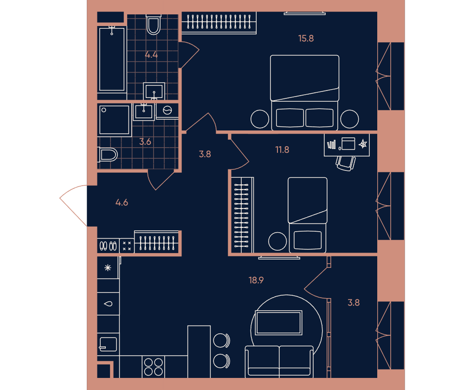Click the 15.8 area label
306,39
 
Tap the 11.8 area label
282,150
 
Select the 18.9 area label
256,280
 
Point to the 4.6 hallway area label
122,202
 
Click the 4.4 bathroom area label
151,55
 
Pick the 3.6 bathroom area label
145,142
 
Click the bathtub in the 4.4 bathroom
112,59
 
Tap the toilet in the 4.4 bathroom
153,25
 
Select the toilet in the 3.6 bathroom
108,155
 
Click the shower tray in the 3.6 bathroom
114,120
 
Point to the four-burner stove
154,367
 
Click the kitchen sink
108,344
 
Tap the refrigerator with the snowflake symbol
108,268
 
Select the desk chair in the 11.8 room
346,163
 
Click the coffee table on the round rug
278,323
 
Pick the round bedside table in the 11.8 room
277,241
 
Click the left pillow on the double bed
290,118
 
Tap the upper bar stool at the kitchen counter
222,340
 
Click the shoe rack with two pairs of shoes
108,246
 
